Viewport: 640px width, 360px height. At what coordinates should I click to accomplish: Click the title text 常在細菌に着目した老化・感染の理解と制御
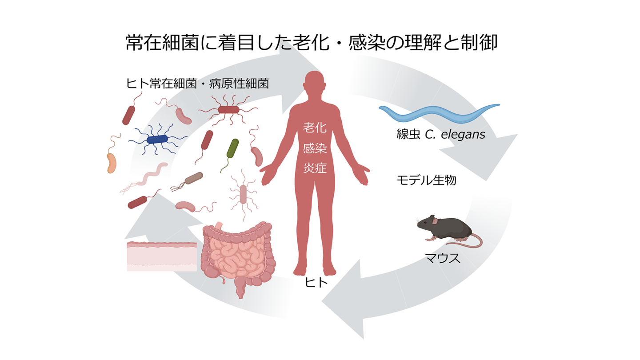pyautogui.click(x=311, y=44)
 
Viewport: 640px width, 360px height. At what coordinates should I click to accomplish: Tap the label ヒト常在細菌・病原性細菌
pyautogui.click(x=197, y=84)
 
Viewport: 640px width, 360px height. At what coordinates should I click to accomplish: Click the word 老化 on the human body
pyautogui.click(x=315, y=128)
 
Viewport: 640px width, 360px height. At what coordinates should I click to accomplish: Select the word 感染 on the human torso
pyautogui.click(x=315, y=148)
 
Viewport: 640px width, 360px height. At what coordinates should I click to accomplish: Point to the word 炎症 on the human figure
pyautogui.click(x=315, y=168)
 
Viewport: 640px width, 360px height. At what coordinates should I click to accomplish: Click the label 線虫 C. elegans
pyautogui.click(x=440, y=134)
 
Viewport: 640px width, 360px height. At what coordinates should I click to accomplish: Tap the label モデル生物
pyautogui.click(x=426, y=180)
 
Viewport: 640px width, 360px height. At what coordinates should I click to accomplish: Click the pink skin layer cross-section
pyautogui.click(x=162, y=256)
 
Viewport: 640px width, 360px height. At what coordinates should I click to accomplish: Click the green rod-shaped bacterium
pyautogui.click(x=232, y=148)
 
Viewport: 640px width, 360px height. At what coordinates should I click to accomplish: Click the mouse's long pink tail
pyautogui.click(x=467, y=242)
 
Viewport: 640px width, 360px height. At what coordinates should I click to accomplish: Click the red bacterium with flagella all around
pyautogui.click(x=228, y=109)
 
